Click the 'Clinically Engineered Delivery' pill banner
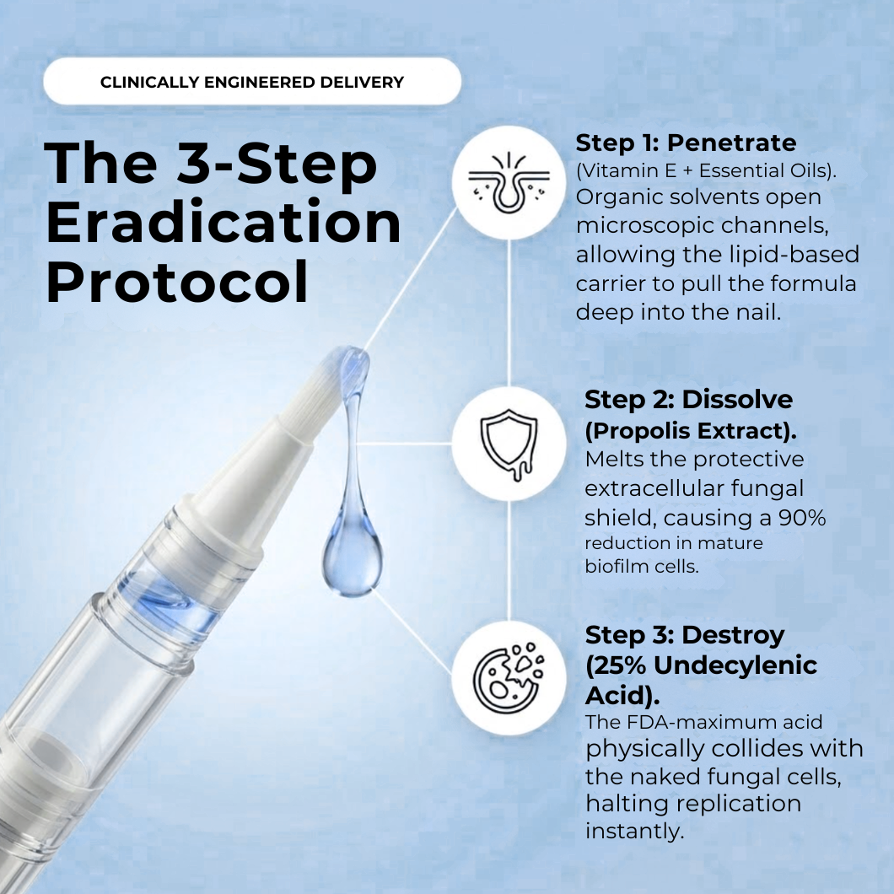point(252,82)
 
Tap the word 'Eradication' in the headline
point(223,223)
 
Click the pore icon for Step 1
point(509,182)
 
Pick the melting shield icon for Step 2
point(509,444)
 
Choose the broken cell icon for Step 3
point(509,678)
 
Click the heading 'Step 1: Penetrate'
point(686,143)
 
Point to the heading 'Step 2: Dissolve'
point(689,400)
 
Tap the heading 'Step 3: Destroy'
point(685,634)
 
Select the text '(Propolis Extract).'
point(691,431)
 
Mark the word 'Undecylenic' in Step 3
point(735,665)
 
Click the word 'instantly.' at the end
point(634,831)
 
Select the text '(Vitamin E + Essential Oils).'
point(707,171)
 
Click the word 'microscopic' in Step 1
point(644,226)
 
